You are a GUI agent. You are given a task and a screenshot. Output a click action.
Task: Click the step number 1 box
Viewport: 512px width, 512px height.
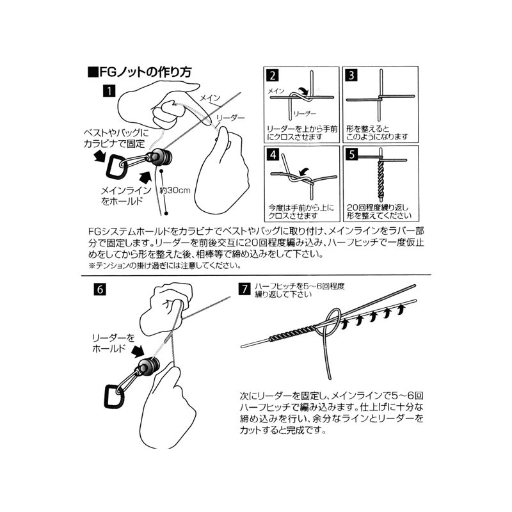(x=109, y=91)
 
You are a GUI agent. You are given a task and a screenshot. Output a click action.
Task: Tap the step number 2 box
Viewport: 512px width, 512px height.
(x=273, y=76)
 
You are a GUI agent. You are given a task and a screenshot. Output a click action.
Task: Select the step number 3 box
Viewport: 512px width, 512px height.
(x=351, y=76)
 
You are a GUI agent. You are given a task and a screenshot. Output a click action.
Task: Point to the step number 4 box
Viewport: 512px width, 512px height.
(x=273, y=154)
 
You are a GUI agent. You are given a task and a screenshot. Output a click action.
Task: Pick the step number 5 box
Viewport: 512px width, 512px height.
(x=351, y=154)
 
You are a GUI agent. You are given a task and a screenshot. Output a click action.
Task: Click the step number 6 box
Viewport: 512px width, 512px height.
(x=100, y=289)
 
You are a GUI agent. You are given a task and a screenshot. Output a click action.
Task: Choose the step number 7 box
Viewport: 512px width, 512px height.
(x=244, y=289)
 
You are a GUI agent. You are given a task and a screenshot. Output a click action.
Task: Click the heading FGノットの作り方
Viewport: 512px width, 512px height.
(x=140, y=72)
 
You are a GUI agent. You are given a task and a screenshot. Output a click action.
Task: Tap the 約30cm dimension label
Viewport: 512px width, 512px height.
(x=175, y=190)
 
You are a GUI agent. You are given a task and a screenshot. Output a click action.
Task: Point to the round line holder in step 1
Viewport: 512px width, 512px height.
(x=161, y=157)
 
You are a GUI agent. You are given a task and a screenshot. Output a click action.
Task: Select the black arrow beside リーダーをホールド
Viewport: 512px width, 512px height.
(x=138, y=351)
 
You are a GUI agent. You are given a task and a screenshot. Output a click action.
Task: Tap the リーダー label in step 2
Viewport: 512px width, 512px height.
(x=305, y=113)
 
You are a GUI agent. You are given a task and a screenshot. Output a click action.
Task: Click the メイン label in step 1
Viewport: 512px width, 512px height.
(x=210, y=98)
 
